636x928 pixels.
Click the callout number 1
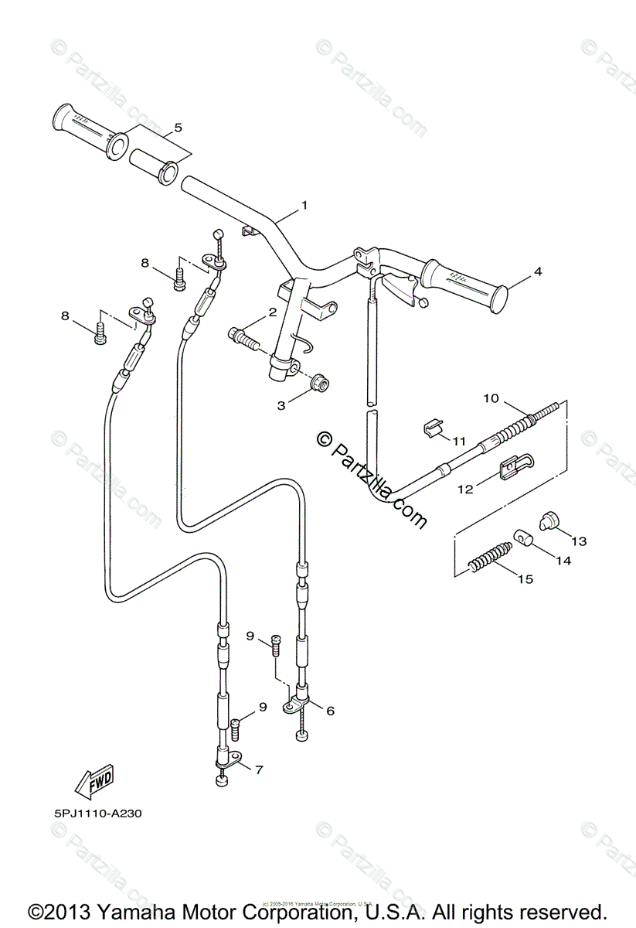304,205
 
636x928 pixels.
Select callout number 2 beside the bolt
272,312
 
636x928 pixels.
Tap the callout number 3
282,404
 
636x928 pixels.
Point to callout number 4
538,271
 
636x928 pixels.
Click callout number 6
330,711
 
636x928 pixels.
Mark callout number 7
259,769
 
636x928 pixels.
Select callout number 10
491,399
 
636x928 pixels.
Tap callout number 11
459,441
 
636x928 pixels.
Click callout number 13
579,541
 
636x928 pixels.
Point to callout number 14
563,561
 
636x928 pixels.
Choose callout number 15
525,578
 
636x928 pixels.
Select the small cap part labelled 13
548,522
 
